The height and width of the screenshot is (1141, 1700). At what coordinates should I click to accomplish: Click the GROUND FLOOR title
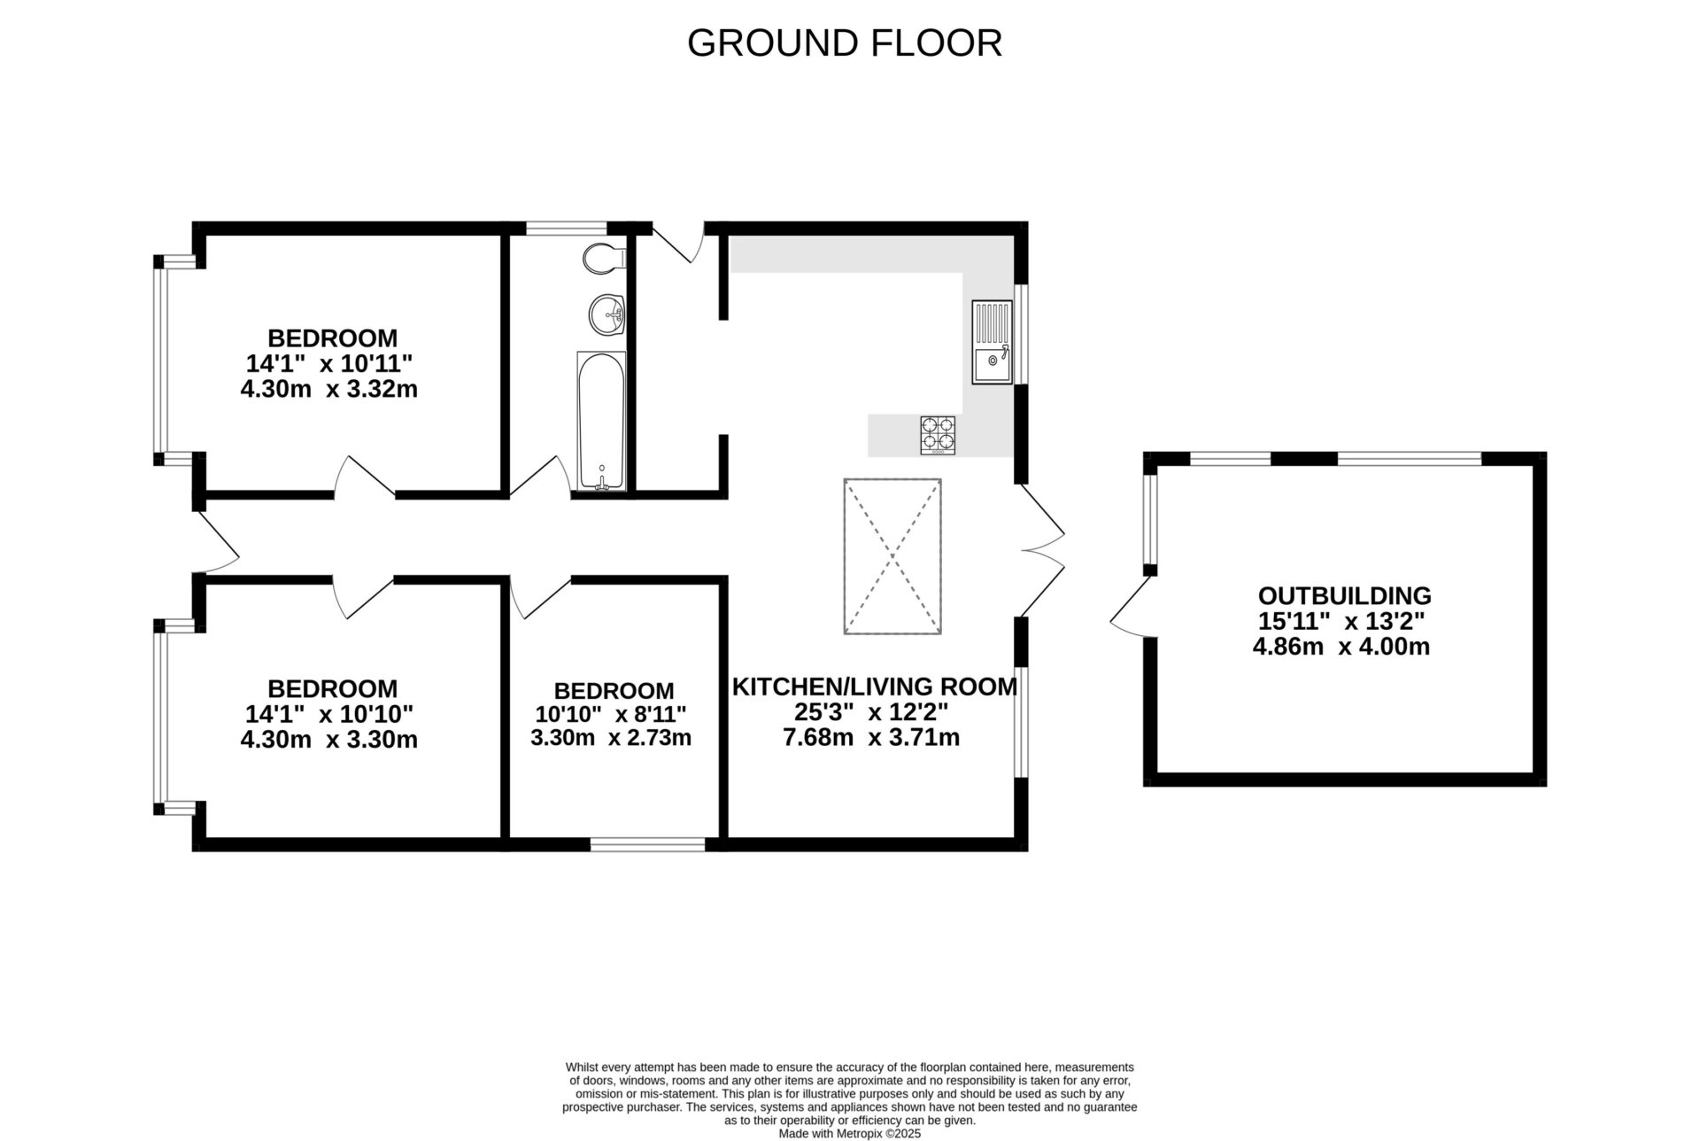click(844, 43)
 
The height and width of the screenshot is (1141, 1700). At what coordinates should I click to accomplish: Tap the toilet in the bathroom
click(603, 258)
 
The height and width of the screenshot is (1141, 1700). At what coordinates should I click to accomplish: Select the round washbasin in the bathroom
click(607, 314)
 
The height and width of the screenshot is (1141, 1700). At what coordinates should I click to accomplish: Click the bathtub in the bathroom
click(601, 421)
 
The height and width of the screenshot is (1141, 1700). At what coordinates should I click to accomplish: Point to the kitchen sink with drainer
click(992, 342)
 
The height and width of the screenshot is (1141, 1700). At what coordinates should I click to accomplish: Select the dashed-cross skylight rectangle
click(892, 556)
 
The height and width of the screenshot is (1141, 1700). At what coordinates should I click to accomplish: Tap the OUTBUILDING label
click(1344, 595)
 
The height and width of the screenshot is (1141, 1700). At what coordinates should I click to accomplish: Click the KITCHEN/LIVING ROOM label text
click(874, 687)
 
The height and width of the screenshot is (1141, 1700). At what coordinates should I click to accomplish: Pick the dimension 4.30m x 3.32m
click(328, 389)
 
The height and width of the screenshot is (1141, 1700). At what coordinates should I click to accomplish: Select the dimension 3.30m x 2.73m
click(610, 737)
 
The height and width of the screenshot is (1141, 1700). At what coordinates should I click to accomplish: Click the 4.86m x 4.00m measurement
click(1341, 647)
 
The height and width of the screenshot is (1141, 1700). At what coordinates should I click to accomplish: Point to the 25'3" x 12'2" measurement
click(871, 712)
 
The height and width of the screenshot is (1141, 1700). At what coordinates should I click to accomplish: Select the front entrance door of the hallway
click(216, 542)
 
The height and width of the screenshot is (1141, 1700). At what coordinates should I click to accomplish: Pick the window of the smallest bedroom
click(647, 844)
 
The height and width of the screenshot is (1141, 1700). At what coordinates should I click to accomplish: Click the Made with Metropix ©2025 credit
click(849, 1133)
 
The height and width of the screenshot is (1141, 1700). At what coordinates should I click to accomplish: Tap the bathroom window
click(566, 229)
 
